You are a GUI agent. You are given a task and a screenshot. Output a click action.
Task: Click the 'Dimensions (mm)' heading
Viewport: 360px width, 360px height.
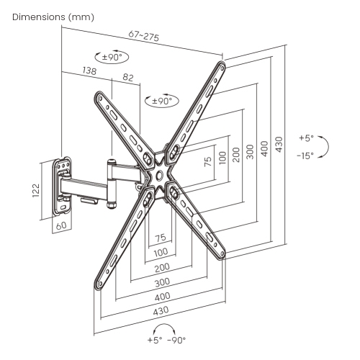[53, 17]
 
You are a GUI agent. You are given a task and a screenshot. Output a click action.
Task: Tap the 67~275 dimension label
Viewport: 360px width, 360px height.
[143, 36]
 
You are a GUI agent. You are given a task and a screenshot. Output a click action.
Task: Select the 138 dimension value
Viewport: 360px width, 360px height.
[89, 71]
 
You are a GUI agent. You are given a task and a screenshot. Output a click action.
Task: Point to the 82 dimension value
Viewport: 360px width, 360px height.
[128, 77]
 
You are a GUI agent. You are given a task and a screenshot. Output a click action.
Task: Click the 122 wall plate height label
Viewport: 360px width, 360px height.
[36, 190]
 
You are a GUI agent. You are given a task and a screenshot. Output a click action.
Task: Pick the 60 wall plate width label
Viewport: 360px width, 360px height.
[61, 225]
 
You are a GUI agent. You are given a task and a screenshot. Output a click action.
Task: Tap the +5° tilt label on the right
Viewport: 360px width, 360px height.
[306, 138]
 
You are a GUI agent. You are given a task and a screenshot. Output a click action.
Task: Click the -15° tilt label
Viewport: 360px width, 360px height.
[305, 156]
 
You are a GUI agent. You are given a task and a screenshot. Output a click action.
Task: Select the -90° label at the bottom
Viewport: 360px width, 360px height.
[176, 340]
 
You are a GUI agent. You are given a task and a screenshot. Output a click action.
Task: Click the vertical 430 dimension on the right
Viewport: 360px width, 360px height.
[279, 144]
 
